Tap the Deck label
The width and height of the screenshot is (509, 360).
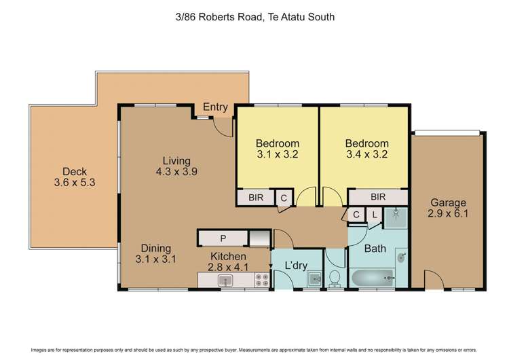pyautogui.click(x=75, y=172)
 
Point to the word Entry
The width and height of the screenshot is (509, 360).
pyautogui.click(x=215, y=107)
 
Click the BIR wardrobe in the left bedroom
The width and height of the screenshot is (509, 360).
pyautogui.click(x=256, y=197)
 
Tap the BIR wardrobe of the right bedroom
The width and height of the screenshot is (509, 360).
pyautogui.click(x=378, y=197)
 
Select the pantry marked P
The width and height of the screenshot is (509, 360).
pyautogui.click(x=222, y=238)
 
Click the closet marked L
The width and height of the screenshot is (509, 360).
pyautogui.click(x=374, y=215)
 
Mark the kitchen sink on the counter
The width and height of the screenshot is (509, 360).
pyautogui.click(x=222, y=279)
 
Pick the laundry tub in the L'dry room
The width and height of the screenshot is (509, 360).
pyautogui.click(x=313, y=278)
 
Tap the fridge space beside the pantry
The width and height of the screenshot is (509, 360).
pyautogui.click(x=259, y=238)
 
